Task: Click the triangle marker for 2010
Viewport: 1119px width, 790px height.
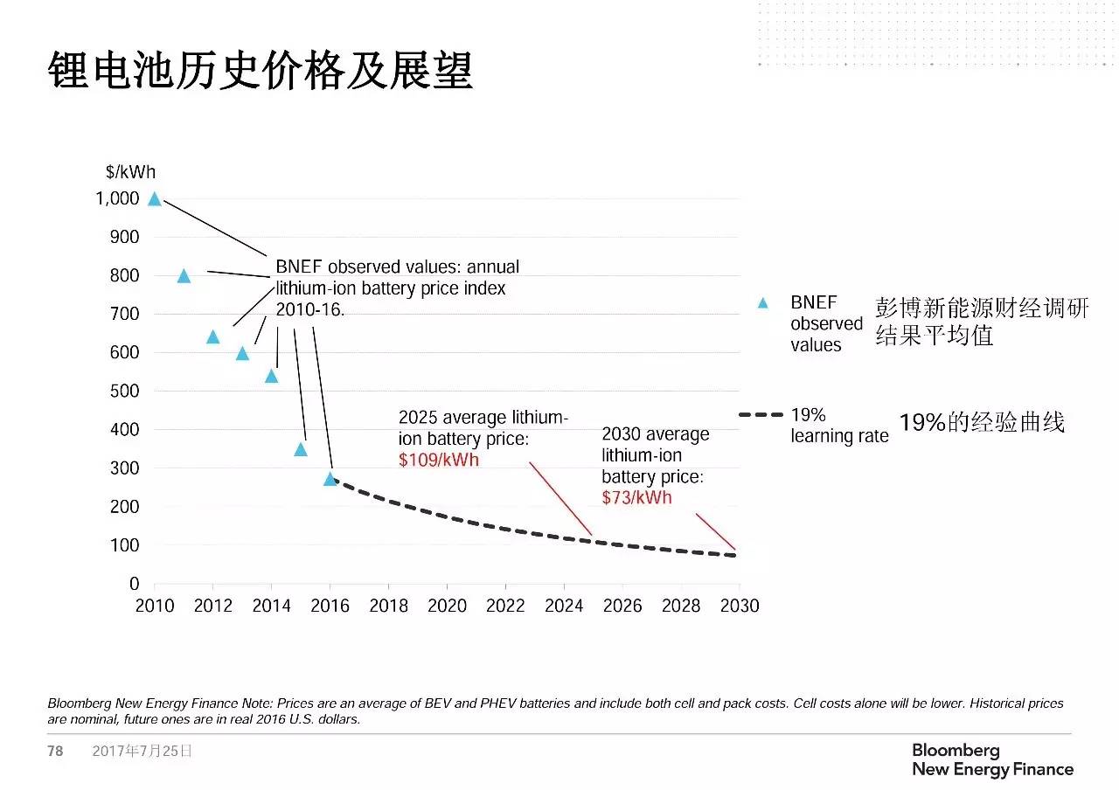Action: coord(155,199)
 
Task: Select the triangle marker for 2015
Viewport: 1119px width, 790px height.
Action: coord(301,450)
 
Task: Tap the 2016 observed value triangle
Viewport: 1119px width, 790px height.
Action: coord(330,479)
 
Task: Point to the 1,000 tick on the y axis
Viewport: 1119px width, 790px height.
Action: coord(117,199)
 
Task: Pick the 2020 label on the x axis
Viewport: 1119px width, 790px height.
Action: coord(447,606)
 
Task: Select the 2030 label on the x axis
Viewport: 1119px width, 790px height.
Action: coord(740,606)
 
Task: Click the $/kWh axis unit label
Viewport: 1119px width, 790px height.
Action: coord(130,172)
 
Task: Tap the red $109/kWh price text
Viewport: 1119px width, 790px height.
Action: coord(439,460)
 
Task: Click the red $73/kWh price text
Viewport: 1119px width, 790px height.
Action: coord(636,498)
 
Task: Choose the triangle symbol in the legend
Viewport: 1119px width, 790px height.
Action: coord(762,303)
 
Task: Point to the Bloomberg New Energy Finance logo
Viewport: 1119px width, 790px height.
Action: coord(992,760)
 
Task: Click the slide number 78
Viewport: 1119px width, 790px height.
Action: coord(55,751)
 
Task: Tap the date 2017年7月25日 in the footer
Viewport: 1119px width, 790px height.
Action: coord(142,751)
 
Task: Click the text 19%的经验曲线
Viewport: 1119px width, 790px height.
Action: coord(982,423)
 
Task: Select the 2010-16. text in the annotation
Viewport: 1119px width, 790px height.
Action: coord(310,309)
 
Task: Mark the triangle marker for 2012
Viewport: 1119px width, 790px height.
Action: coord(212,337)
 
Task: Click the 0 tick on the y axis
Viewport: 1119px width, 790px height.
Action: coord(135,584)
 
